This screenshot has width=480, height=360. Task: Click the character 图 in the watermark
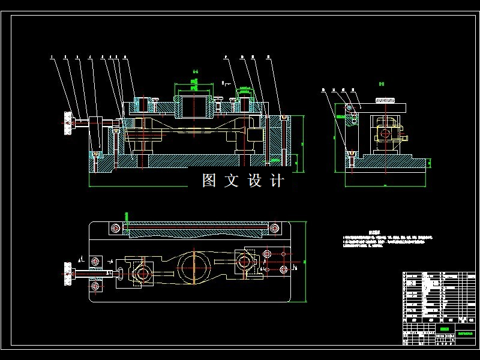tap(209, 181)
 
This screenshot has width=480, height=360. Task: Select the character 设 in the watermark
tap(254, 181)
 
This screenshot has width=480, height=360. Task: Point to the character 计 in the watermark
tap(277, 181)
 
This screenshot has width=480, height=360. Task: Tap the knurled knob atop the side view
tap(387, 100)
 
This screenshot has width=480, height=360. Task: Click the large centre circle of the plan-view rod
tap(193, 262)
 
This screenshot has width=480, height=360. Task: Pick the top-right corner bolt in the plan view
tap(274, 229)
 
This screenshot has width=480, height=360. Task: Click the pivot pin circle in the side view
tap(349, 108)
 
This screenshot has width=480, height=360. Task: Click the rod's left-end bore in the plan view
tap(143, 274)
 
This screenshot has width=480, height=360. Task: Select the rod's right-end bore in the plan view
tap(244, 262)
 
